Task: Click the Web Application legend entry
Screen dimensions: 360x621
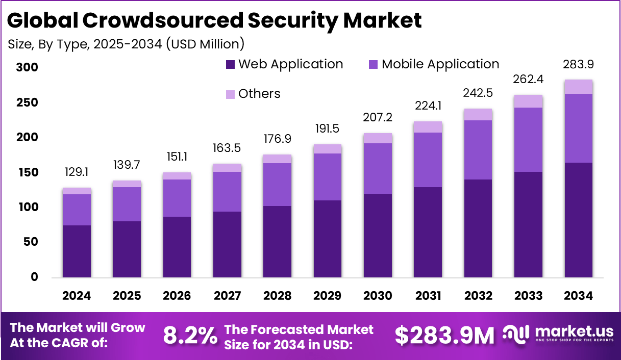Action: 284,64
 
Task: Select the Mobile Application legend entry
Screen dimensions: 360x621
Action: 433,64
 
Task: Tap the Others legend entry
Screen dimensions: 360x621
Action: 253,94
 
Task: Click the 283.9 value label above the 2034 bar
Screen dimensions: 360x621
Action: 579,65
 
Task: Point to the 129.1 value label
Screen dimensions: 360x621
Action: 77,173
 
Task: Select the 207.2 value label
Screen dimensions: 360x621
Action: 378,118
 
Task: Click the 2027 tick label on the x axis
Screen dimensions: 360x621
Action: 227,296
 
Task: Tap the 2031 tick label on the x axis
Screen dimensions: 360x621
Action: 428,296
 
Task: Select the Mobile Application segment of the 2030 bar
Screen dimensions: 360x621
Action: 378,168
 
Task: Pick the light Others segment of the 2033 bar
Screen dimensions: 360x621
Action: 528,101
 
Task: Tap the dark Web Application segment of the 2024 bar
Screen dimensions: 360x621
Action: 77,251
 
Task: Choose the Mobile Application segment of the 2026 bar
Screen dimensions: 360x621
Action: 177,198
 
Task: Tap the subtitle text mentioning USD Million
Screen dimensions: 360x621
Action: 126,44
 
